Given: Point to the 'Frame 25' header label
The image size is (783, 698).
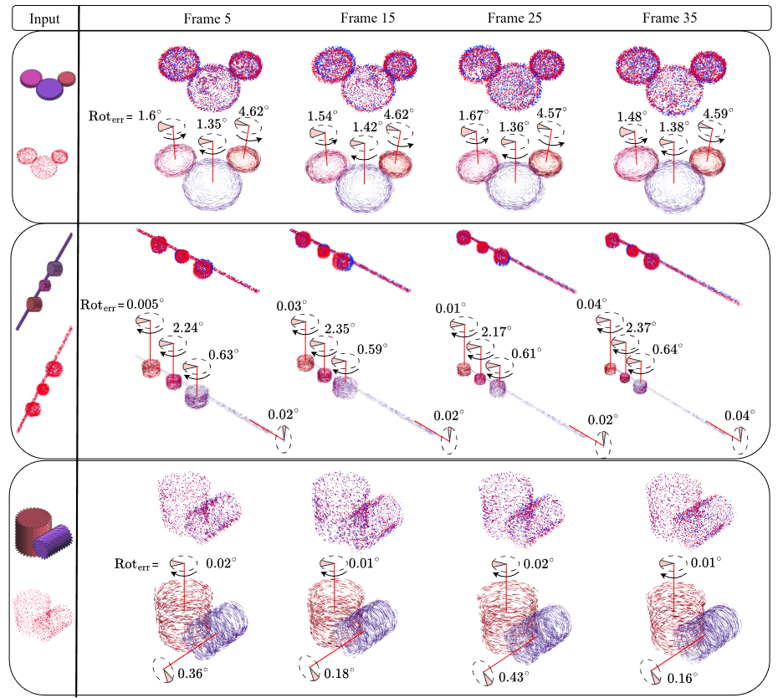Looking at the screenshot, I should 513,18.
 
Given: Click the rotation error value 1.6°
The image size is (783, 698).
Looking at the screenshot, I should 148,114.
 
